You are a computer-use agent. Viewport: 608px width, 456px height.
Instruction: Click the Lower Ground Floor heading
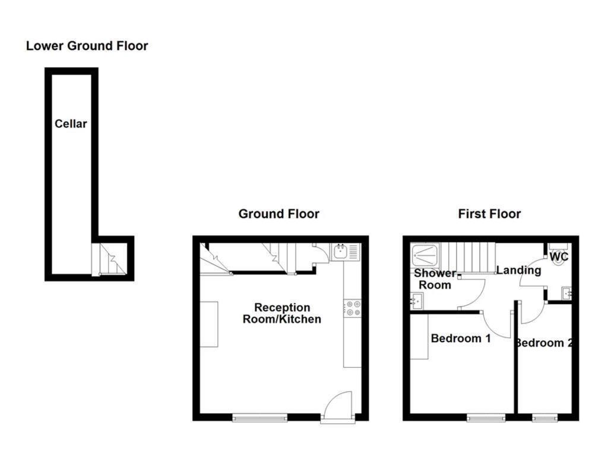(x=87, y=46)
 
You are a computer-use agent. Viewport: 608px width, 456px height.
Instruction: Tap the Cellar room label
(x=71, y=123)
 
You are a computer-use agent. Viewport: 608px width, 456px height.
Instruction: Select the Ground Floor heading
(x=278, y=214)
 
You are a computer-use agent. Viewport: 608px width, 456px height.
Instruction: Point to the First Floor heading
(x=489, y=214)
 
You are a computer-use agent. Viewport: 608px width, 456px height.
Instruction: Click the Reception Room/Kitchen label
(x=282, y=313)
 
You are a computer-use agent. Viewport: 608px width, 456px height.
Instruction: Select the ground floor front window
(x=260, y=418)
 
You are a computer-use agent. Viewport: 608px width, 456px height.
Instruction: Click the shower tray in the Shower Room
(x=426, y=255)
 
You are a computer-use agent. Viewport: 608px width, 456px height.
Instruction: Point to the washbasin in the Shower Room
(x=416, y=302)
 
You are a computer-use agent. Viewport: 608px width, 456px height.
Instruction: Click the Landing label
(x=518, y=270)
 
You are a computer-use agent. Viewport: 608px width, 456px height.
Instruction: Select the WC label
(x=559, y=257)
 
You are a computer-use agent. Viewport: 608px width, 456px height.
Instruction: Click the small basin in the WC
(x=565, y=293)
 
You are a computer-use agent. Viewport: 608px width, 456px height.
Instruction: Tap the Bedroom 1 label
(x=461, y=338)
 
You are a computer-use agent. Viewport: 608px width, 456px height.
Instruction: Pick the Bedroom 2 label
(x=544, y=343)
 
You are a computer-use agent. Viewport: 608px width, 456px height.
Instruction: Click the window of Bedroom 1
(x=486, y=418)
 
